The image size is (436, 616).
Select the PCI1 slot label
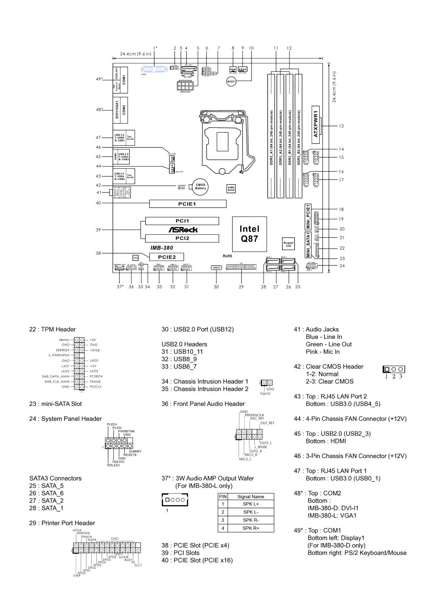pyautogui.click(x=182, y=221)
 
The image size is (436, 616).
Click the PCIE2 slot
pyautogui.click(x=167, y=257)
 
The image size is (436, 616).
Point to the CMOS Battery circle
pyautogui.click(x=201, y=186)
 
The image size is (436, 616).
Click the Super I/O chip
pyautogui.click(x=289, y=244)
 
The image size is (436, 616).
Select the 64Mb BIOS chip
pyautogui.click(x=231, y=189)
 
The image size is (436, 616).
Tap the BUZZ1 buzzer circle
pyautogui.click(x=231, y=82)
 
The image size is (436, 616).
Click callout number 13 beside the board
pyautogui.click(x=341, y=126)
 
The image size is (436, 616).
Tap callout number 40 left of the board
pyautogui.click(x=98, y=203)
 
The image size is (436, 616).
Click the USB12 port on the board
pyautogui.click(x=216, y=267)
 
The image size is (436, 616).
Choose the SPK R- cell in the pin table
pyautogui.click(x=251, y=520)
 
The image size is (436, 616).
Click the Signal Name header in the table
pyautogui.click(x=251, y=497)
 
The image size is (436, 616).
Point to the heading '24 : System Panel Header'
pyautogui.click(x=65, y=419)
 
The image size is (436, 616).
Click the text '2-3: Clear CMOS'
pyautogui.click(x=329, y=382)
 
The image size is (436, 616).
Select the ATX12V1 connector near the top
pyautogui.click(x=184, y=86)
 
